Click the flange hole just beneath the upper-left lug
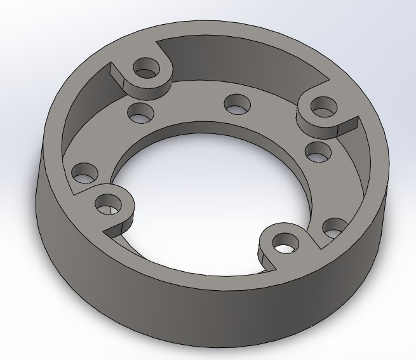[140, 114]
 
